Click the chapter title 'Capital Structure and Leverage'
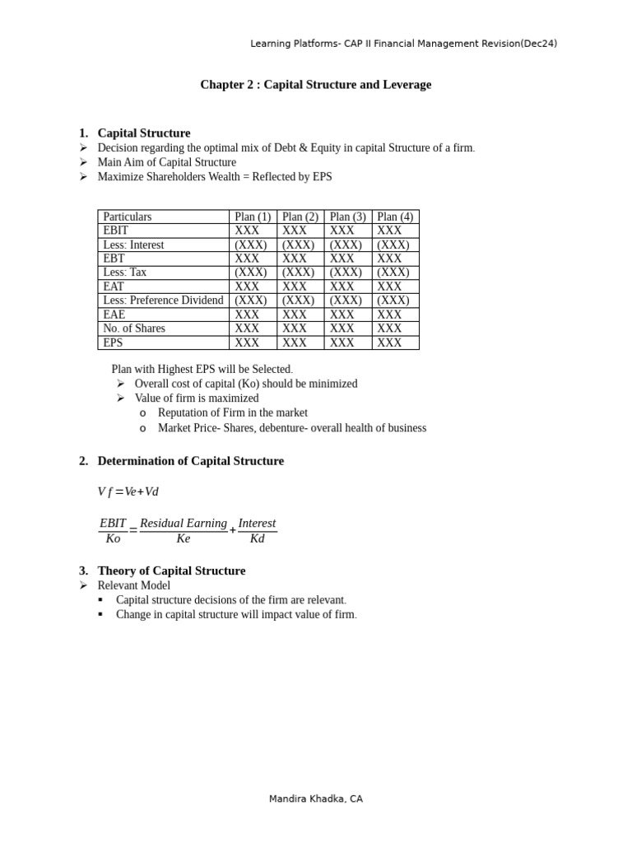(x=315, y=85)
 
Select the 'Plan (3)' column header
(x=347, y=217)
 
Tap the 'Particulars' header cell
(x=128, y=217)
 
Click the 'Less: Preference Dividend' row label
(x=163, y=300)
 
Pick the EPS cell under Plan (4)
(x=389, y=342)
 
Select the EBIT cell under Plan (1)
(x=247, y=231)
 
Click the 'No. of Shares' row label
(x=134, y=328)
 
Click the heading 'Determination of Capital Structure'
(x=190, y=461)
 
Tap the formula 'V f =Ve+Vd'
(x=128, y=491)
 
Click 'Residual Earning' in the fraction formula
(x=183, y=524)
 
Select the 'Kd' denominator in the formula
(x=257, y=539)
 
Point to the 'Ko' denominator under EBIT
(x=113, y=539)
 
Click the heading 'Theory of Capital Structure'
(x=171, y=571)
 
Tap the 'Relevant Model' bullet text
(x=134, y=585)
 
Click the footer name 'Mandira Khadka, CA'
(x=315, y=799)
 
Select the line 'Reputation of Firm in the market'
(x=232, y=412)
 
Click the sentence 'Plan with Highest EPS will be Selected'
(x=202, y=370)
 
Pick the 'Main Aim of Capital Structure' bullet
(x=166, y=162)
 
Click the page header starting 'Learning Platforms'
(x=403, y=44)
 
